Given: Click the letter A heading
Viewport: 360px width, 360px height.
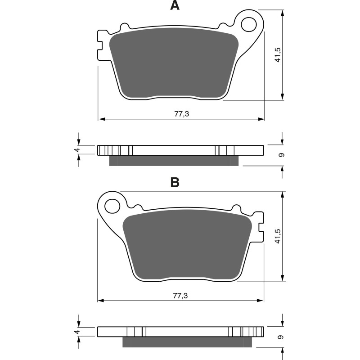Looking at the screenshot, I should point(175,6).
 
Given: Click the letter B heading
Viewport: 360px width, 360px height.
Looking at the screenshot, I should point(175,182).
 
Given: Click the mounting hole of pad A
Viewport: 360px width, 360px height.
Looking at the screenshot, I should point(248,25).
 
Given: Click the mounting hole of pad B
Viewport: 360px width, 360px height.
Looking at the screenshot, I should point(111,207).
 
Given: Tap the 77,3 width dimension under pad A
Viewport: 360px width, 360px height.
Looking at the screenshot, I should point(181,114).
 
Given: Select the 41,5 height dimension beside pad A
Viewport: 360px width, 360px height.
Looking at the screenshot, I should point(279,54).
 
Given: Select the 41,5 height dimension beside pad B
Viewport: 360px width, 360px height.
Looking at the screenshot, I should point(279,236).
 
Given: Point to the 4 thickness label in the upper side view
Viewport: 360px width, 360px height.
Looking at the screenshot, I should point(77,150).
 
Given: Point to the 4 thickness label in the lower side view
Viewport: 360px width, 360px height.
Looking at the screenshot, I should point(77,332).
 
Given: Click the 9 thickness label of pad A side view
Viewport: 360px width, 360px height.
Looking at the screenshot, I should point(281,155).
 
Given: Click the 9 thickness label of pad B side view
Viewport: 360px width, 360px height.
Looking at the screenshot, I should point(281,337).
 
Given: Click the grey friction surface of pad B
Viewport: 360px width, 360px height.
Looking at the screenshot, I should point(187,245).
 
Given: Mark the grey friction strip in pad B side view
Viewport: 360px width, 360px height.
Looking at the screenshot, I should point(187,342).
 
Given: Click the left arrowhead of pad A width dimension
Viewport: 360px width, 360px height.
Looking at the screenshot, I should point(101,119).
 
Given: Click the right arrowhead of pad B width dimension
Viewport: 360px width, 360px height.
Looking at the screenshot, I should point(261,301).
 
